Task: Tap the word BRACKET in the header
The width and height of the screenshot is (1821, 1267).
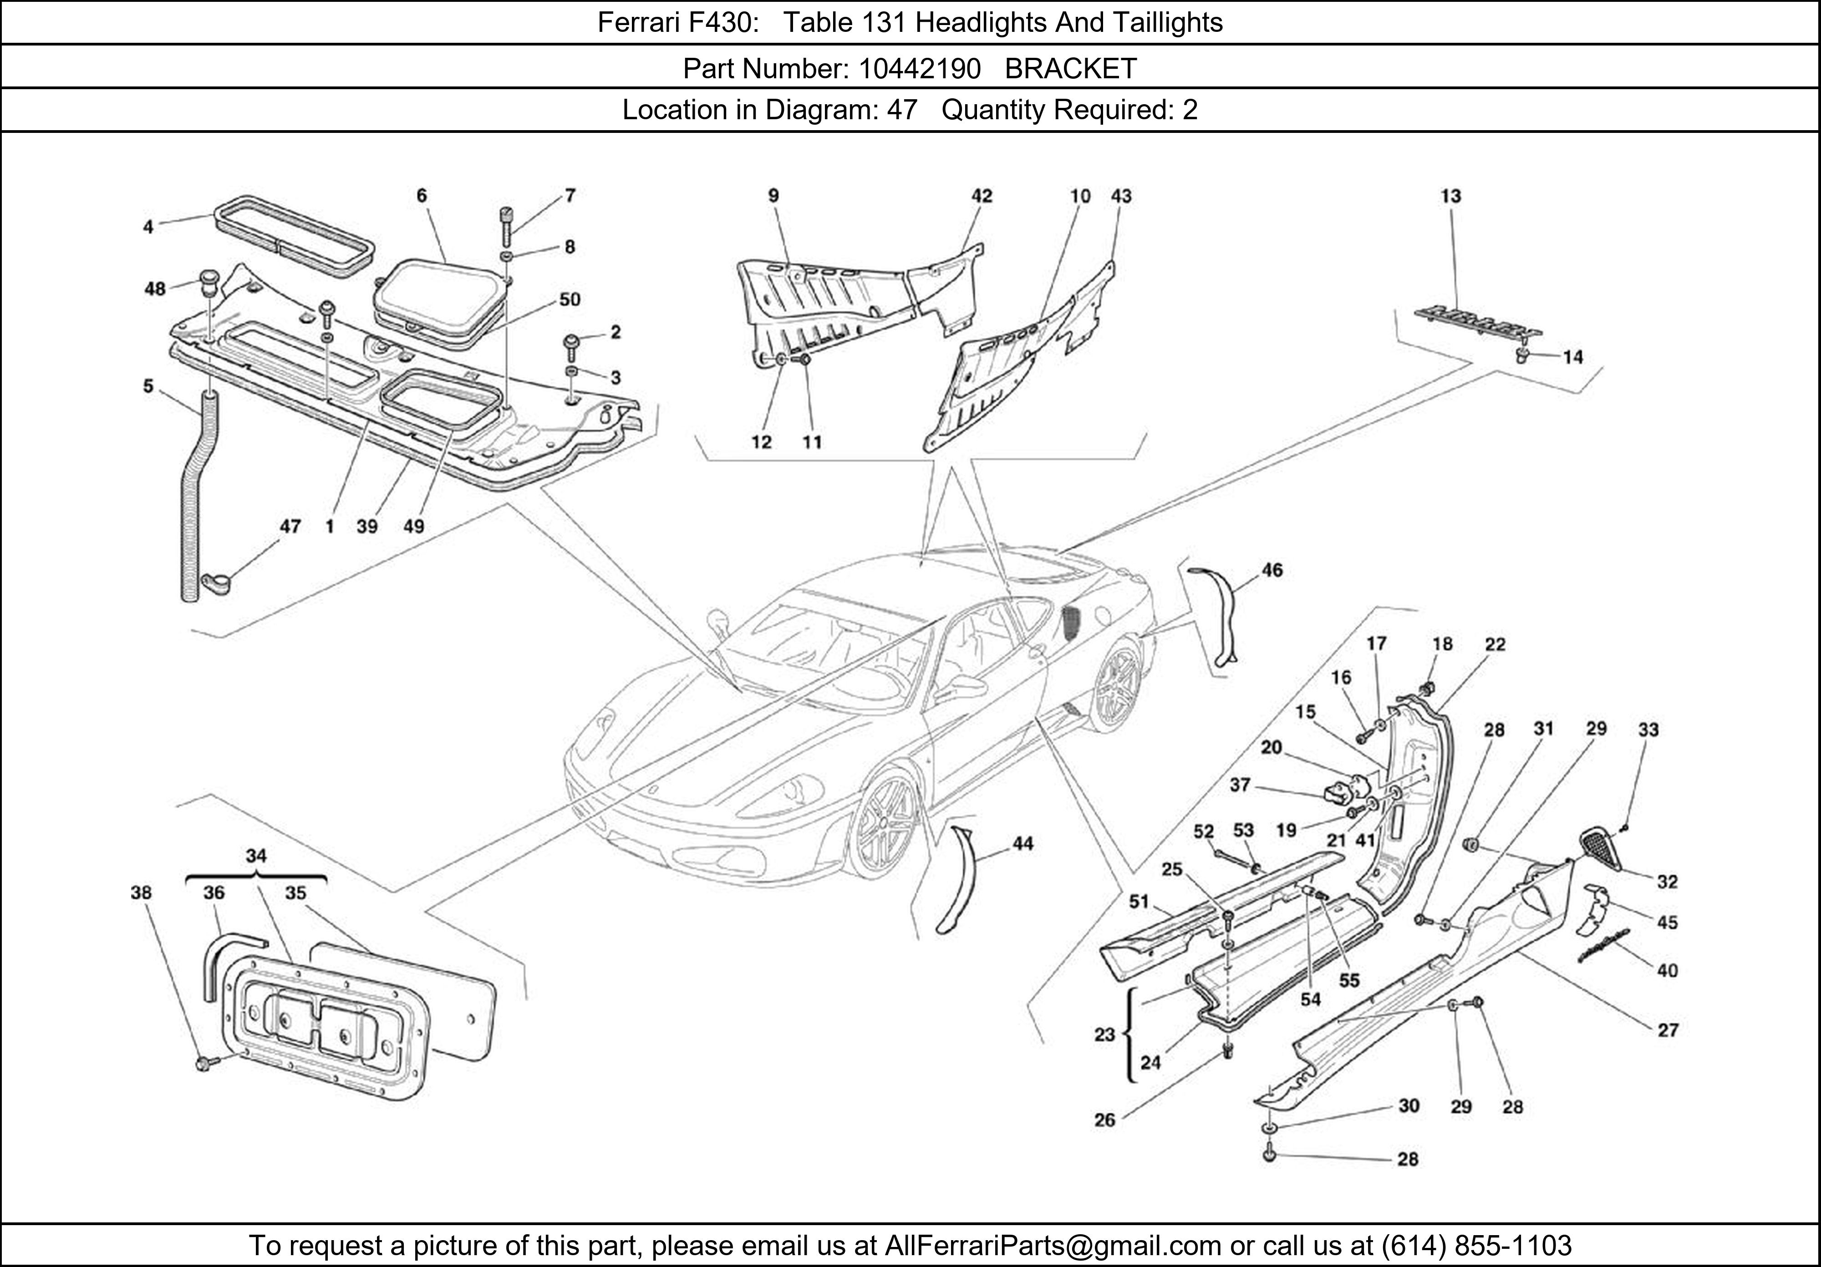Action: pyautogui.click(x=1071, y=69)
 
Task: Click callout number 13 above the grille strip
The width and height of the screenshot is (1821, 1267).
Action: pyautogui.click(x=1450, y=196)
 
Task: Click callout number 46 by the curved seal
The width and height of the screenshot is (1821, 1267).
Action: pyautogui.click(x=1272, y=570)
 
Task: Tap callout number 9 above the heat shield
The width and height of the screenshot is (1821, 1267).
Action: pyautogui.click(x=773, y=196)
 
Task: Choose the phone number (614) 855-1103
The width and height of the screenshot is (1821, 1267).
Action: pyautogui.click(x=1476, y=1246)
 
